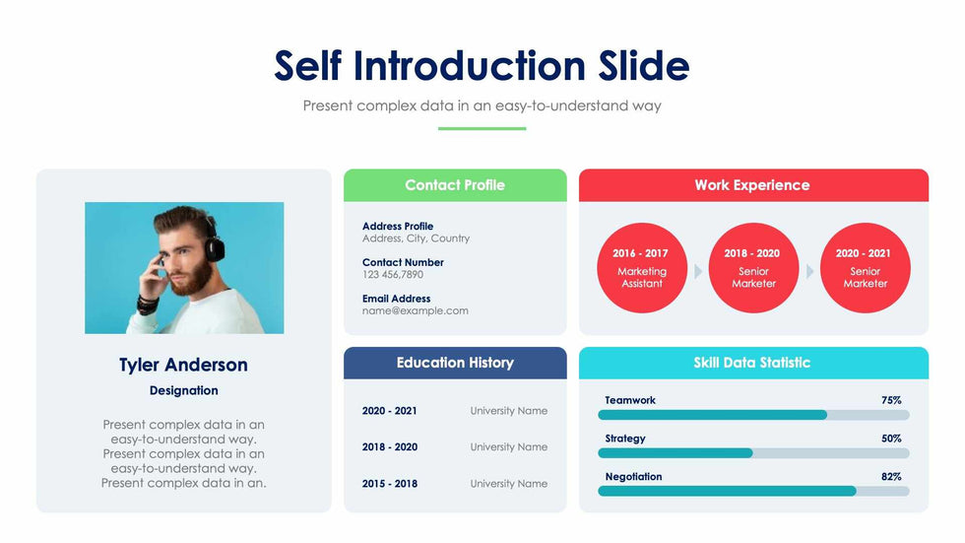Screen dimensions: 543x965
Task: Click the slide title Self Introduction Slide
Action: click(482, 66)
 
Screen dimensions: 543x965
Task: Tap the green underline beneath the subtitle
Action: click(482, 128)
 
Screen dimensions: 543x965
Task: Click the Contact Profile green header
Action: click(455, 185)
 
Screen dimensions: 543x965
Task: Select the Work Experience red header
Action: click(752, 185)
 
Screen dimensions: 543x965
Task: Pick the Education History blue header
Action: click(455, 363)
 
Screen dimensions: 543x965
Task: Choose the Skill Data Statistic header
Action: click(752, 363)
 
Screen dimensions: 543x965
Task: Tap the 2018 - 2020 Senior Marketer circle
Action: click(753, 268)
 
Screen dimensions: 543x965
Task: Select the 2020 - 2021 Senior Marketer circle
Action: click(865, 268)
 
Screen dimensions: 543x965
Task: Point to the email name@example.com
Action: click(416, 310)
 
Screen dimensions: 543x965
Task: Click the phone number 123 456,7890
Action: click(393, 275)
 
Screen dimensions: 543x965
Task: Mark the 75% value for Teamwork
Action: click(891, 400)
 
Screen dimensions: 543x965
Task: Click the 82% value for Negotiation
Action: click(891, 476)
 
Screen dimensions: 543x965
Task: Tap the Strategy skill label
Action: click(625, 439)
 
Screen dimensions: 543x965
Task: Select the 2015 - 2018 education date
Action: click(390, 484)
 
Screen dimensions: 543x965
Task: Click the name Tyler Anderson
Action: click(183, 365)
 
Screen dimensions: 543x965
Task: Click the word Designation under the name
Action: click(183, 391)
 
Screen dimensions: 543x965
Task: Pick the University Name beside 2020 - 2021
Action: click(508, 411)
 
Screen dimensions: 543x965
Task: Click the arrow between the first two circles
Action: click(698, 271)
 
